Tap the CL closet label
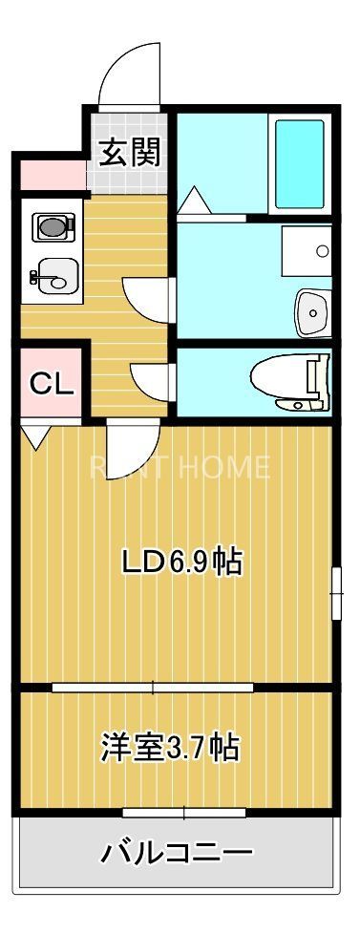pos(52,383)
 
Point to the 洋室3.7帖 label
pos(170,747)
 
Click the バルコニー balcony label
pos(178,852)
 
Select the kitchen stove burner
pos(52,227)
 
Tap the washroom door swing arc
pos(149,301)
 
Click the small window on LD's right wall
pos(336,593)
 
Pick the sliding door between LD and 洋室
pos(153,687)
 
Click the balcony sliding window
pos(184,813)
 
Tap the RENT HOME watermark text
pos(180,467)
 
